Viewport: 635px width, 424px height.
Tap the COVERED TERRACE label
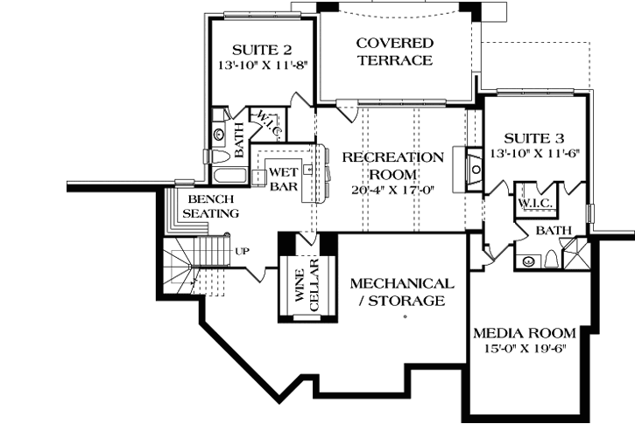394,52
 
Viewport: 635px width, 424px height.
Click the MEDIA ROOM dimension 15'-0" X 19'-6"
524,349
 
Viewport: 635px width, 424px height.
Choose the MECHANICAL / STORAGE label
401,293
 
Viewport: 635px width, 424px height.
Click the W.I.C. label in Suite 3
533,203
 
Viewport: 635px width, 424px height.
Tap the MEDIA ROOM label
524,333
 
